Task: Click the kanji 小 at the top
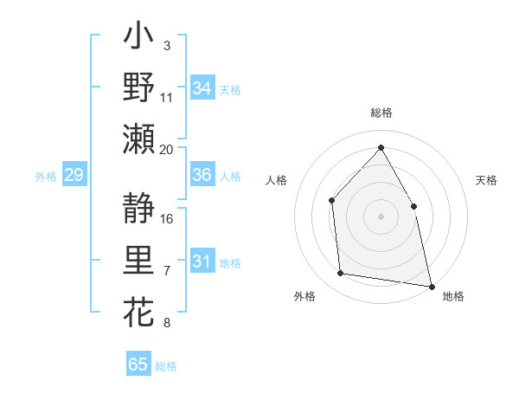(x=138, y=39)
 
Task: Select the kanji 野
(x=138, y=87)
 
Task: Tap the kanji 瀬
(x=138, y=139)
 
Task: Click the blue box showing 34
(x=202, y=88)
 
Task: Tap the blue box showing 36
(x=202, y=175)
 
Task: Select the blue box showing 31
(x=202, y=262)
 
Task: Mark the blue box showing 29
(x=74, y=176)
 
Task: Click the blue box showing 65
(x=138, y=365)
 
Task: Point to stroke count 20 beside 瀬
(x=167, y=149)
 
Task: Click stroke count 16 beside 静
(x=168, y=218)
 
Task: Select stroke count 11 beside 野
(x=167, y=97)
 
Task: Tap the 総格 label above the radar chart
(x=381, y=113)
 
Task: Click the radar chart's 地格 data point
(x=431, y=285)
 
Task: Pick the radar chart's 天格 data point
(x=413, y=206)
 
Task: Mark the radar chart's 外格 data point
(x=341, y=274)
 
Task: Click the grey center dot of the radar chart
(x=381, y=216)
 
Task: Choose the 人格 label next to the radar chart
(x=276, y=180)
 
